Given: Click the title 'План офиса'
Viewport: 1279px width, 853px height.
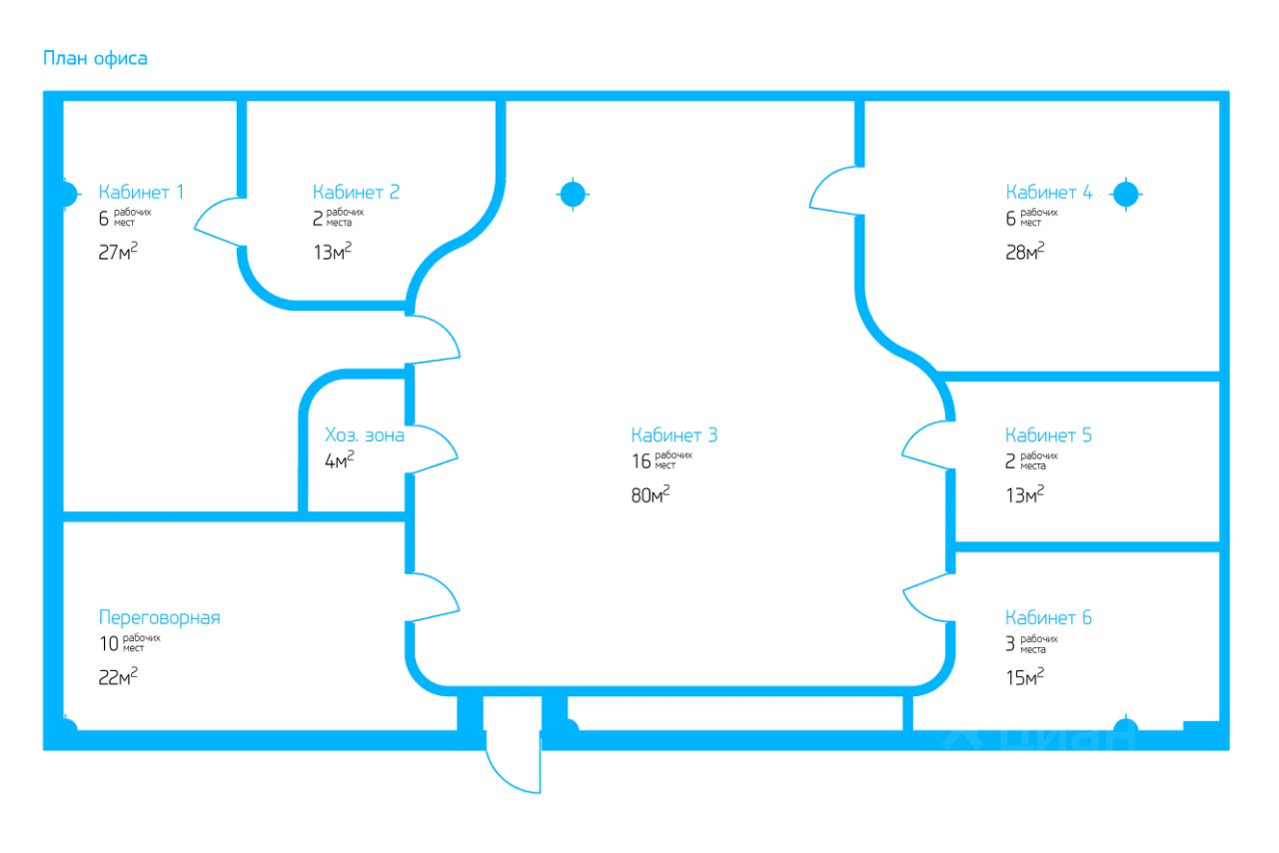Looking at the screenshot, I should click(95, 58).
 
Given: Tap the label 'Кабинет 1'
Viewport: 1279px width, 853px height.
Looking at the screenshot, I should click(141, 192).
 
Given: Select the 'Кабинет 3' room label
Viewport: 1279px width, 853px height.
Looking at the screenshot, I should click(673, 435).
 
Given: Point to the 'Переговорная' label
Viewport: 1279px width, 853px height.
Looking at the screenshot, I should click(159, 617).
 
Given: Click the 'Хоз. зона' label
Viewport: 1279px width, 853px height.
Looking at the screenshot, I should click(365, 435).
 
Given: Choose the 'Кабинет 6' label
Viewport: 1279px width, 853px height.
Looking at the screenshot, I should click(1048, 617).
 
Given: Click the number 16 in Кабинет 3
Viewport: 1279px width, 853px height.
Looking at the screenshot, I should click(640, 461).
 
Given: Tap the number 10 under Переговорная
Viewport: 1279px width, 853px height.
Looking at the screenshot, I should click(109, 644).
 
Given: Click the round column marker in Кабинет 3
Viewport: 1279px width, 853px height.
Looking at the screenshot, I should click(572, 194).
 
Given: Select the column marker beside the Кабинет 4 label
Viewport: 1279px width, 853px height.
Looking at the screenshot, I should click(1126, 194).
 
